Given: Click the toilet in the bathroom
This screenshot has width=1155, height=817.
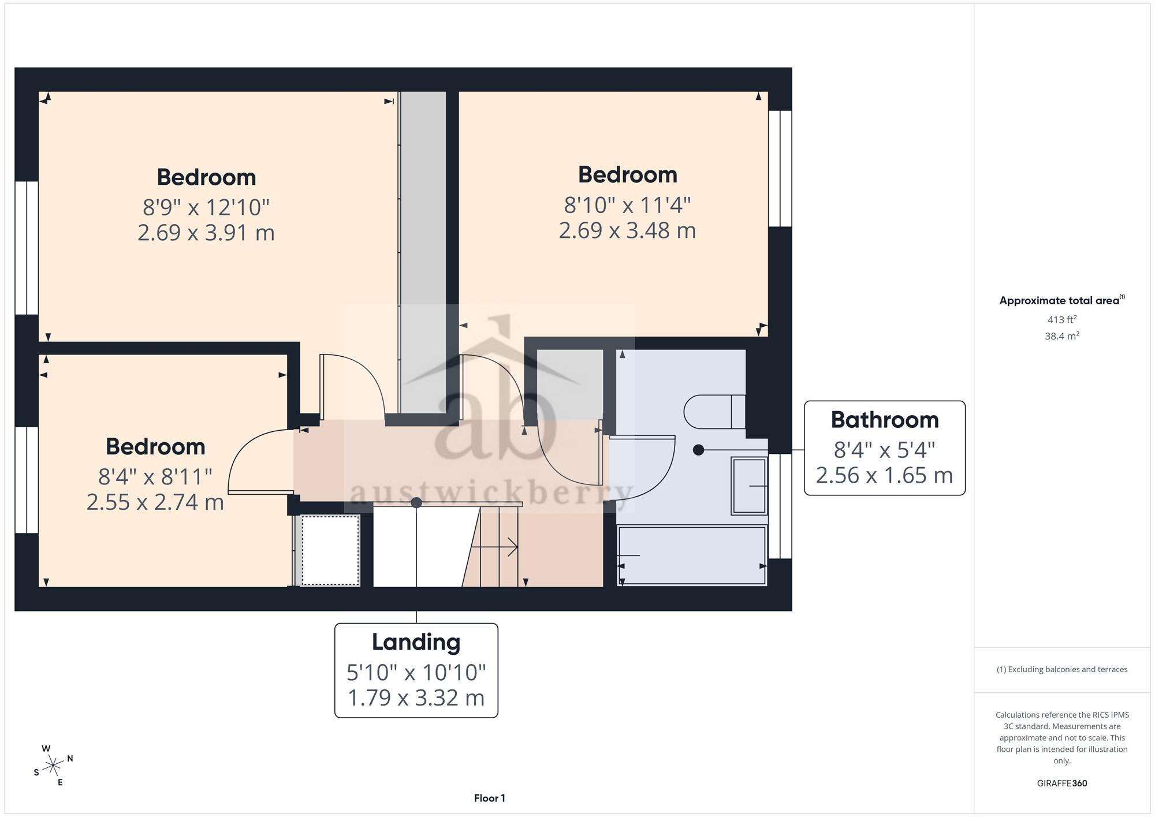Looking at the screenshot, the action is click(714, 412).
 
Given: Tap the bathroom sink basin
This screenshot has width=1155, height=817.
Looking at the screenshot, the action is click(749, 486).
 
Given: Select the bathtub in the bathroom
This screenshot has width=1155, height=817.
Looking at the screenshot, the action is click(692, 555).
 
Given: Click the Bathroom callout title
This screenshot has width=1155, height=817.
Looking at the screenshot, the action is click(885, 420).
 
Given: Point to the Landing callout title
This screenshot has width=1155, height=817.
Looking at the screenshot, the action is click(416, 642).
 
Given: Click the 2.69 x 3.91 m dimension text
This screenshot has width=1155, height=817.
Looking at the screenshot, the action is click(206, 233).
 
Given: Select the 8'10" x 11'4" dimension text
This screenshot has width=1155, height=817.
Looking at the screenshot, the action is click(627, 204).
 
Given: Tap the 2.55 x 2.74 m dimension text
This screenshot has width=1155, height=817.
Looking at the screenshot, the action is click(155, 502).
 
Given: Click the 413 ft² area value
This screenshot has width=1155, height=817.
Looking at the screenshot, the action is click(1062, 319).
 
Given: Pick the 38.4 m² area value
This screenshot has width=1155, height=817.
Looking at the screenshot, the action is click(1062, 335).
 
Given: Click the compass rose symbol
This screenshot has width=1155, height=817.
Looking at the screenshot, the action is click(53, 766).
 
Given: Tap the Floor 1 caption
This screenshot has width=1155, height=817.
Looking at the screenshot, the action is click(489, 798).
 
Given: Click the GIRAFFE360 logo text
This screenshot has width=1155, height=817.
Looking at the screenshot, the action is click(1062, 783).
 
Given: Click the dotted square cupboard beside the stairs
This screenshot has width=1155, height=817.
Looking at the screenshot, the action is click(330, 550).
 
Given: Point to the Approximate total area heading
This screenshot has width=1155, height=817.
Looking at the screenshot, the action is click(1062, 300).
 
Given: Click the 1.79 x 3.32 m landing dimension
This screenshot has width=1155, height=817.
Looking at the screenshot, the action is click(416, 697).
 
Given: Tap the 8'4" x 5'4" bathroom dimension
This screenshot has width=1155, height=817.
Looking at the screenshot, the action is click(885, 449).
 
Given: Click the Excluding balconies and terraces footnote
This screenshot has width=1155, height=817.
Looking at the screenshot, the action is click(1062, 669).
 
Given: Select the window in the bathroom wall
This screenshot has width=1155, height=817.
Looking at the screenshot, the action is click(780, 506).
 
